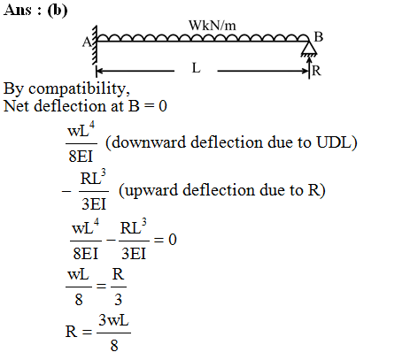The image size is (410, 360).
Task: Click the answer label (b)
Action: pos(57,10)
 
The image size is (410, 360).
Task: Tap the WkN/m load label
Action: pos(213,26)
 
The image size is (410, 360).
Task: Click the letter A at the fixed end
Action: pos(87,42)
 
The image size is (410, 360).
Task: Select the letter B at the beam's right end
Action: pos(319,37)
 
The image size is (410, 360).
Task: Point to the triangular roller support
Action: pos(309,49)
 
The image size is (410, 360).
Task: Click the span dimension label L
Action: pos(196,68)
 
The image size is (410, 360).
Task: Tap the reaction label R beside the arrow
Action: pos(316,71)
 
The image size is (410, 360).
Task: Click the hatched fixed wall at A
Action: pos(95,45)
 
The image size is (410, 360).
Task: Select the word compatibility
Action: pos(79,88)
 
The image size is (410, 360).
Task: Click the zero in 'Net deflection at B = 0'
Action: pos(163,106)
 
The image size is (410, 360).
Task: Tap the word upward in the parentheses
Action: pos(151,190)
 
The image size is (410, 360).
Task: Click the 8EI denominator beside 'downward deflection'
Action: pos(81,157)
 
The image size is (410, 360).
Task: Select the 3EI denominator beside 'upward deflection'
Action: pos(94,204)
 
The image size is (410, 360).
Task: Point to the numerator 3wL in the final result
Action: pos(113,320)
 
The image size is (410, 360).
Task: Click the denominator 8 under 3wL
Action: pos(114,346)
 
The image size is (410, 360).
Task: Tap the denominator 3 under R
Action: pos(118,300)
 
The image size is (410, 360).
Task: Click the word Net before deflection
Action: pos(17,106)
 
